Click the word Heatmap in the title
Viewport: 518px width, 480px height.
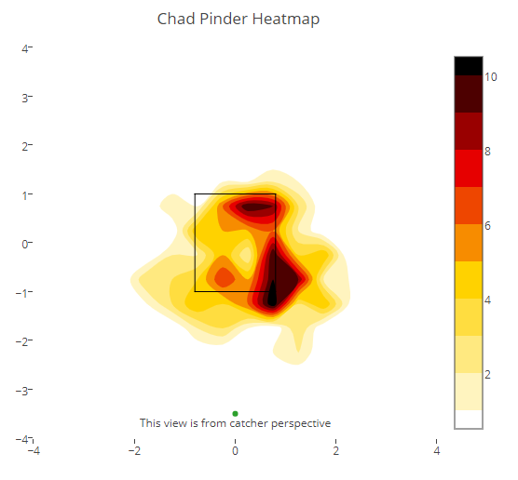pos(286,20)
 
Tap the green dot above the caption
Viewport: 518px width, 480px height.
pos(235,413)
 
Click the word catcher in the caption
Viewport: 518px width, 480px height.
pos(249,423)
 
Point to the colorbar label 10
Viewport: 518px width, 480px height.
pos(491,77)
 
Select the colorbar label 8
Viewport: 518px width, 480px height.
pos(487,152)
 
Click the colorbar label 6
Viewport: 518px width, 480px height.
pos(487,226)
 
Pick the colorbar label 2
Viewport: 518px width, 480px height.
pos(487,375)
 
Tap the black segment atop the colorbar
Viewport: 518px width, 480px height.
pos(469,66)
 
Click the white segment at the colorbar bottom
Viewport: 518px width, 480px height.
pos(469,419)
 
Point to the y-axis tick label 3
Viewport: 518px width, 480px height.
pos(25,98)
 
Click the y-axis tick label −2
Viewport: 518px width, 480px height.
pos(21,341)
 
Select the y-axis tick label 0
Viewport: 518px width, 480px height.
pos(25,244)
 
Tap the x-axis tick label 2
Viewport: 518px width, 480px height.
pos(336,450)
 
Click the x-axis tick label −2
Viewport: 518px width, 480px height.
pos(134,450)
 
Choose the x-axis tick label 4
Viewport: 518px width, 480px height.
pos(437,450)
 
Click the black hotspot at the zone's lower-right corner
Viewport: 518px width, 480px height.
pos(272,294)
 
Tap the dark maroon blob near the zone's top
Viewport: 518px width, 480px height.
pos(257,207)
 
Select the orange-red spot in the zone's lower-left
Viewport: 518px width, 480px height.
pos(225,278)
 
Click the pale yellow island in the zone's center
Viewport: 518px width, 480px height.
pos(246,255)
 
